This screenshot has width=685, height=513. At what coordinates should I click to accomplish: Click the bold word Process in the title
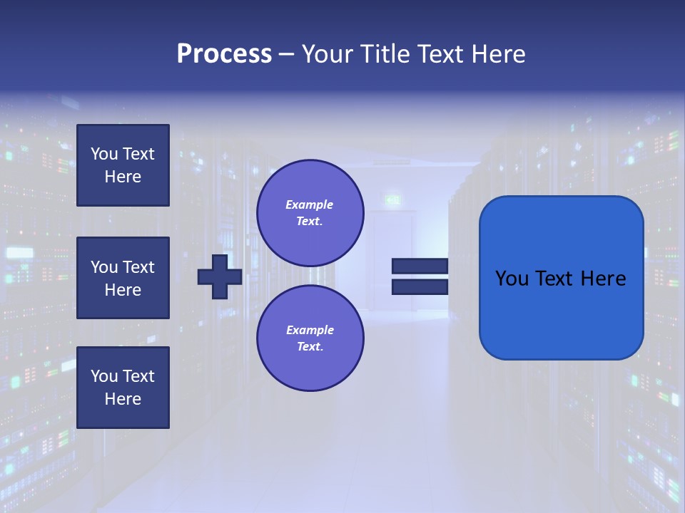pos(224,54)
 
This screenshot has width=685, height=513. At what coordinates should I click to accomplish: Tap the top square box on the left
pos(123,165)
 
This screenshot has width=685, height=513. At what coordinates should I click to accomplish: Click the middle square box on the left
pos(123,278)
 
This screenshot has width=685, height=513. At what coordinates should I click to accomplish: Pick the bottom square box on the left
pos(123,388)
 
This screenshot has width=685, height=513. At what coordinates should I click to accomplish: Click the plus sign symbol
pos(220,276)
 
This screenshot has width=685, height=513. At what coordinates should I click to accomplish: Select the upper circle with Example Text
pos(310,212)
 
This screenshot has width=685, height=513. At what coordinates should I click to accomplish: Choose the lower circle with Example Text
pos(310,338)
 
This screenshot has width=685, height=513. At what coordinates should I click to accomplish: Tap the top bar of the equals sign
pos(420,266)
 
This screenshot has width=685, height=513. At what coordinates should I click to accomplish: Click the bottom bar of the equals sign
pos(420,287)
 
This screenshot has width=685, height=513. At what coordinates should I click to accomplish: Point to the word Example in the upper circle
pos(310,204)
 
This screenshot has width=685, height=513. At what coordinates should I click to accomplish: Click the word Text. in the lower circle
pos(310,346)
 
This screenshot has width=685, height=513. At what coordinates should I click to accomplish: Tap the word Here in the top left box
pos(123,177)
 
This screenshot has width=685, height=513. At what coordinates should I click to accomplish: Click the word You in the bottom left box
pos(104,376)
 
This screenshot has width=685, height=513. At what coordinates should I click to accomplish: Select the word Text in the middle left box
pos(138,267)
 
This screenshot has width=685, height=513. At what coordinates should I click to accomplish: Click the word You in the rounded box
pos(512,279)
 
